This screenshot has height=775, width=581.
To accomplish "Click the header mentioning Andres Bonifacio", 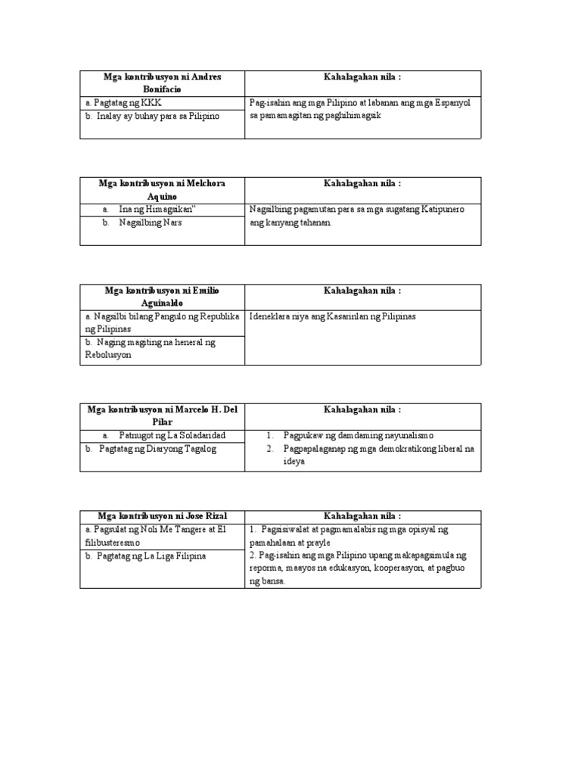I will tap(163, 83).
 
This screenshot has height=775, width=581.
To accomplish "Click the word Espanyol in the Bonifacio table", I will tap(449, 103).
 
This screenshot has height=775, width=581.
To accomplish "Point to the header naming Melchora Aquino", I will tap(163, 190).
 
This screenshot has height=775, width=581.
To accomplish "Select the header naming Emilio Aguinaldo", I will tap(163, 297).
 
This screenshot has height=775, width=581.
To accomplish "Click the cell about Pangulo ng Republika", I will tap(163, 322).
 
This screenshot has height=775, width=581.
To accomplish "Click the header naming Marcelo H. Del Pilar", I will tap(163, 416).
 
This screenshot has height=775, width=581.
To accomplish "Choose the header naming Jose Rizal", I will tap(163, 515).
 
